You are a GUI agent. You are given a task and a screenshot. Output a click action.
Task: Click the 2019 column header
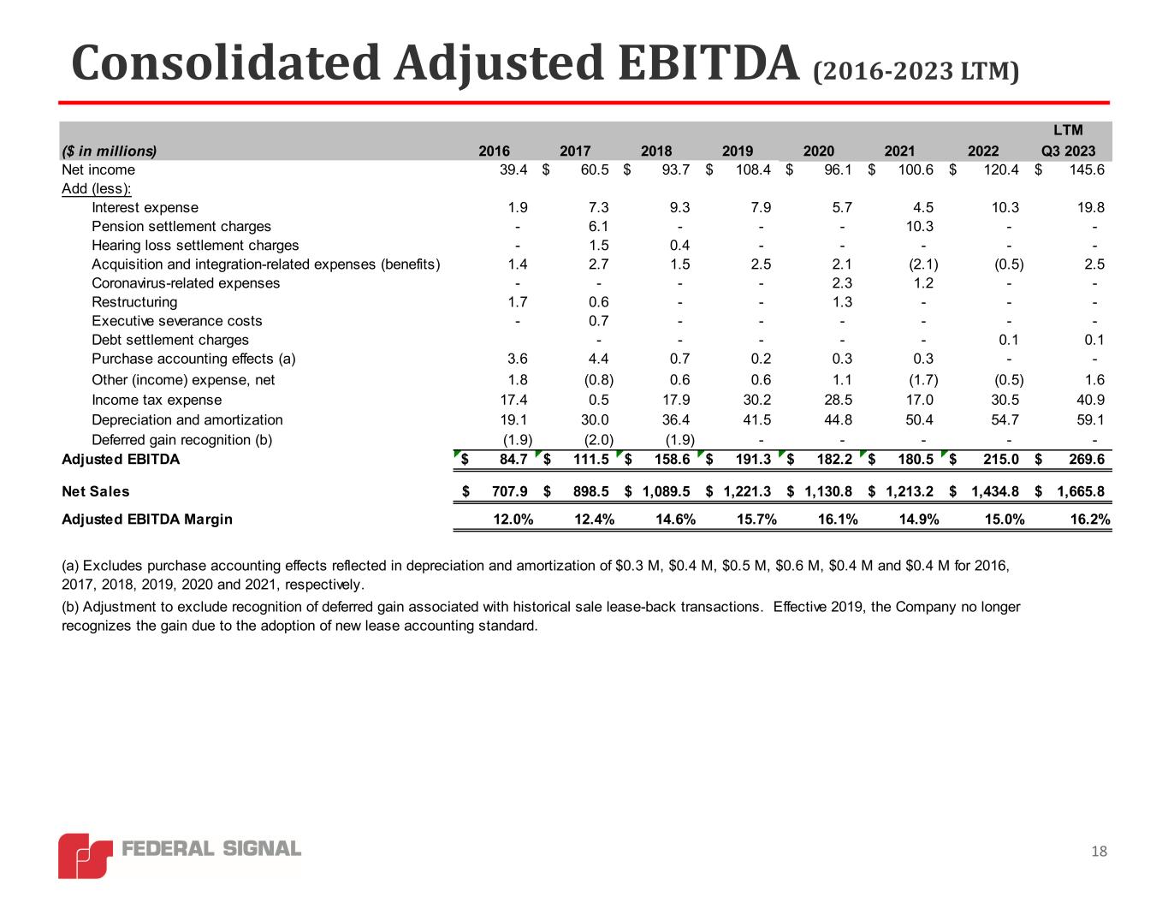738,151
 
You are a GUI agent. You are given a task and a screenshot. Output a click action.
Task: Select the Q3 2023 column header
1068,151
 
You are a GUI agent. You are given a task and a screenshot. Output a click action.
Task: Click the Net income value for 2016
513,169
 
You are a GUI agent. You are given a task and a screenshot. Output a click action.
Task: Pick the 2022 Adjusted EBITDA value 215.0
1000,460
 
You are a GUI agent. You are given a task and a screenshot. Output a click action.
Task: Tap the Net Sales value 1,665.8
1080,491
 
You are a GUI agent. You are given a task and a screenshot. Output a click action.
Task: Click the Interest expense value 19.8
1092,207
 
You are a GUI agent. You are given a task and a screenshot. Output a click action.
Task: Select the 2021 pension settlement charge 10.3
919,226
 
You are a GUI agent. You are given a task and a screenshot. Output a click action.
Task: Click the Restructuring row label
134,302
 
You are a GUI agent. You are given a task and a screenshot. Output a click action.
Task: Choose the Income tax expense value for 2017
599,400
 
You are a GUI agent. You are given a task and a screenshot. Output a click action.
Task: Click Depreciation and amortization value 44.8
836,419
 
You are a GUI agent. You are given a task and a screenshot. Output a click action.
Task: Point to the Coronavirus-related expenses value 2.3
842,283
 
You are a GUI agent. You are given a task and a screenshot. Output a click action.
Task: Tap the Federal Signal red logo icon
85,854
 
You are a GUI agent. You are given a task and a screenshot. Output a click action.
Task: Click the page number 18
1100,851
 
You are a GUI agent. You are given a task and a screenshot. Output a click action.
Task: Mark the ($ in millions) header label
109,151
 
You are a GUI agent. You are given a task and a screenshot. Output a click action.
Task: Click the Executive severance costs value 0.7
599,321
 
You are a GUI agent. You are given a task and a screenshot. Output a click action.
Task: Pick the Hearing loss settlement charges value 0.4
680,246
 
